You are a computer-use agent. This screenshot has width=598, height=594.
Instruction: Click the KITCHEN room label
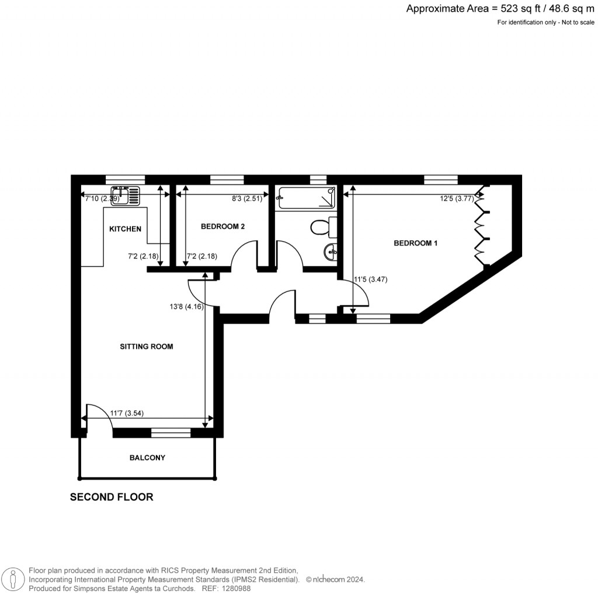[125, 229]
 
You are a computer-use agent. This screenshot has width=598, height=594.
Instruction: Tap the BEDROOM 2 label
[222, 226]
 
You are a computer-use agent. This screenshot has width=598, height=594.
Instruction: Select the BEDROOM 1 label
[415, 243]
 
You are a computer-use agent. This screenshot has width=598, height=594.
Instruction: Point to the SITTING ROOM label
[147, 347]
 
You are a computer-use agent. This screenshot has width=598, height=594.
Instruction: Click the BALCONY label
[147, 458]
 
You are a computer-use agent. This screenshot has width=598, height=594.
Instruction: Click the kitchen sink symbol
[126, 195]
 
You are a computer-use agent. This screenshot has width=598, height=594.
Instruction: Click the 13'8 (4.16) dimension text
[186, 306]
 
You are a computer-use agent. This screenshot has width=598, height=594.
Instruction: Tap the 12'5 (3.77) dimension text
[457, 198]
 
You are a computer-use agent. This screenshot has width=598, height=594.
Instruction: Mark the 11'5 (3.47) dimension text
[371, 279]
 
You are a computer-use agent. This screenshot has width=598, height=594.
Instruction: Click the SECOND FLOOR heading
[112, 497]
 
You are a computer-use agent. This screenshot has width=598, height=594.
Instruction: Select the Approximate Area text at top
[500, 8]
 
